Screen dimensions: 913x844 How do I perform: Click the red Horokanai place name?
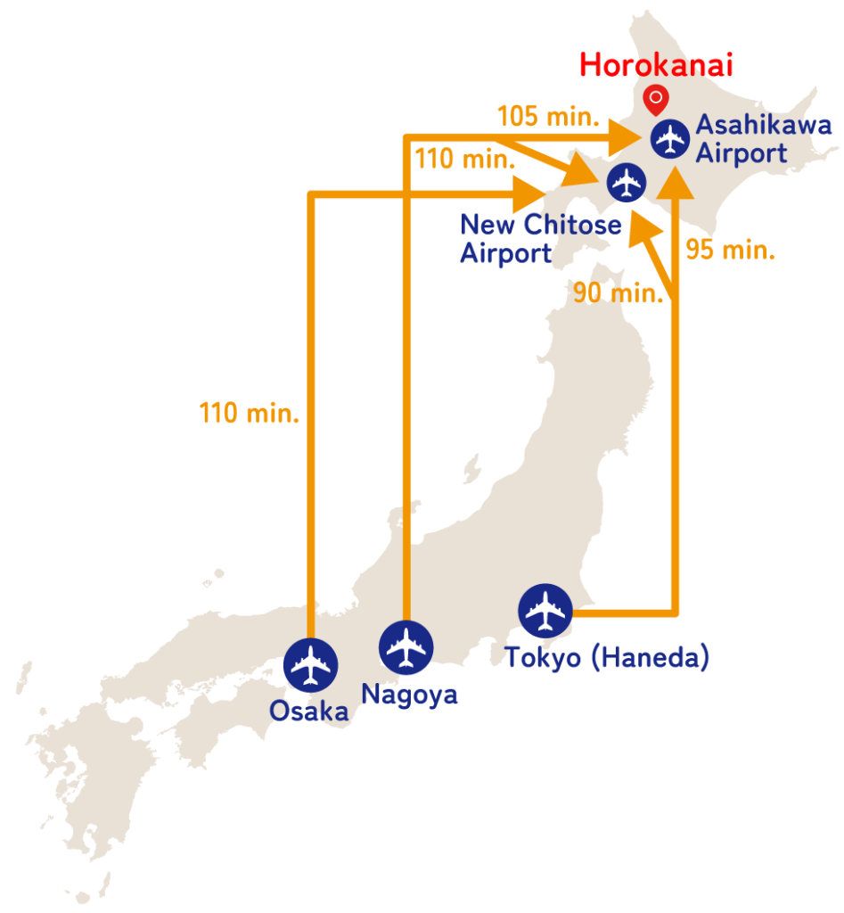click(x=656, y=65)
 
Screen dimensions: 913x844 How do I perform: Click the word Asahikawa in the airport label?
click(x=763, y=125)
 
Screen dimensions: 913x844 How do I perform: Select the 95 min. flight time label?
click(x=730, y=250)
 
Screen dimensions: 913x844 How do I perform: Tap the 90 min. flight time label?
click(x=619, y=292)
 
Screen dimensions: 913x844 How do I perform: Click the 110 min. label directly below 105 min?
click(x=464, y=160)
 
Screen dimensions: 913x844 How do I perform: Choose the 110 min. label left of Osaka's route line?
click(x=250, y=414)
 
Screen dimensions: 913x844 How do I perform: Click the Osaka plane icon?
click(x=310, y=665)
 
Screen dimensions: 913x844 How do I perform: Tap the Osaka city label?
click(x=309, y=711)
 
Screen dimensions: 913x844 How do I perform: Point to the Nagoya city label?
click(x=410, y=694)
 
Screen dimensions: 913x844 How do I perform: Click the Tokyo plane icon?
click(x=545, y=611)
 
